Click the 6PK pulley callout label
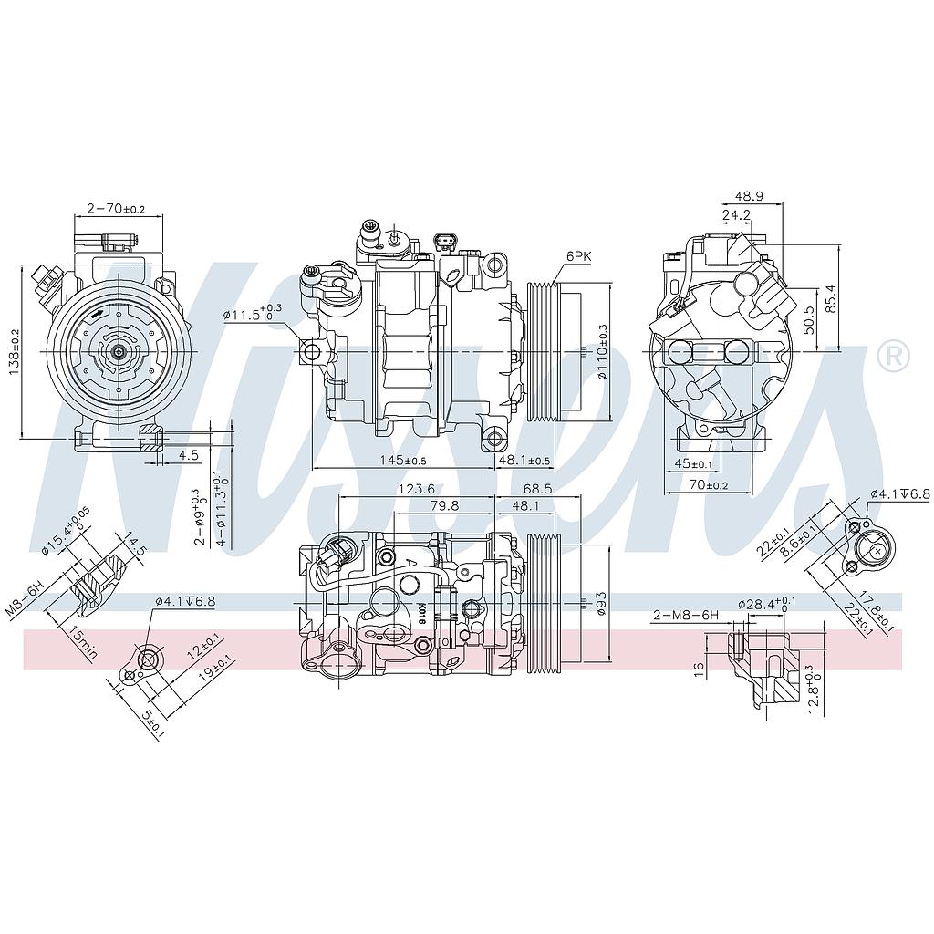[x=578, y=257]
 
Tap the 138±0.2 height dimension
[x=15, y=352]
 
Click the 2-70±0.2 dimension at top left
[x=116, y=208]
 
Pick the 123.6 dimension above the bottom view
[x=415, y=489]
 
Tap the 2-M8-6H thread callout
[x=686, y=616]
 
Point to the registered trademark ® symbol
[x=893, y=355]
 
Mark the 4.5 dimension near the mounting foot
[x=189, y=454]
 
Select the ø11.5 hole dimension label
[x=252, y=314]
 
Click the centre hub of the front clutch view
[x=119, y=350]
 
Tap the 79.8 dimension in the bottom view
[x=444, y=505]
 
